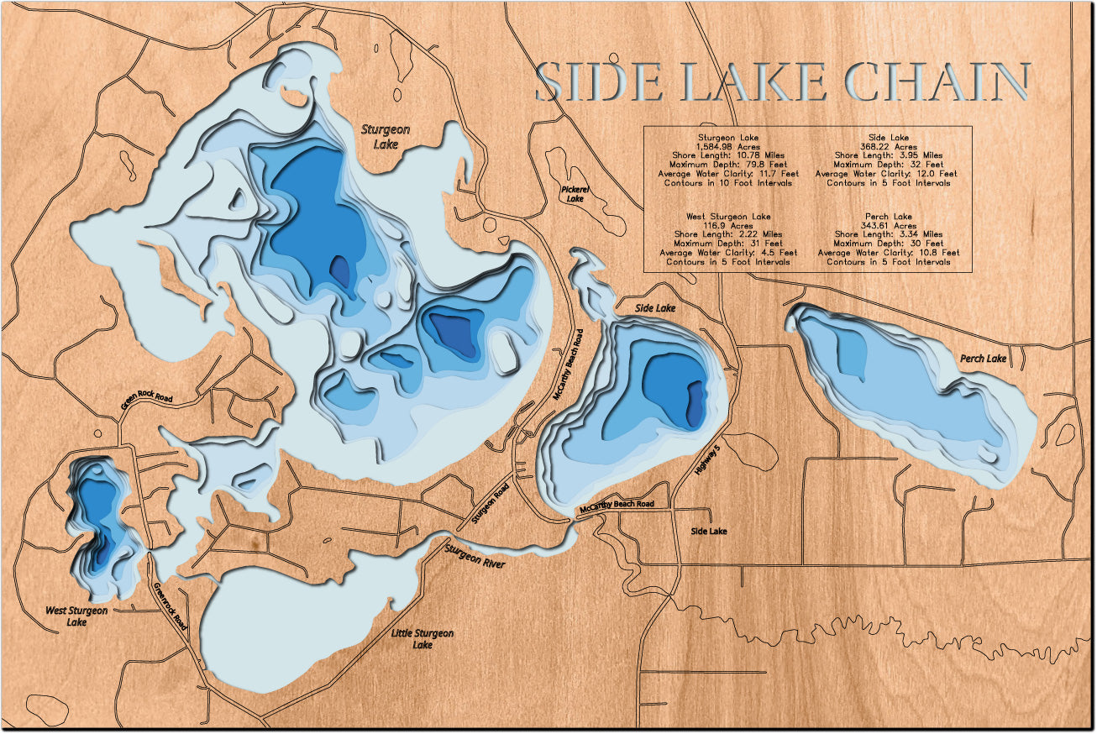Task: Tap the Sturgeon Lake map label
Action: pyautogui.click(x=385, y=136)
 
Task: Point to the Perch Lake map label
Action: pyautogui.click(x=983, y=359)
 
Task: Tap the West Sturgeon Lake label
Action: pyautogui.click(x=76, y=616)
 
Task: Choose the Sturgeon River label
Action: pyautogui.click(x=475, y=557)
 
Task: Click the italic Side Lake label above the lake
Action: pyautogui.click(x=654, y=309)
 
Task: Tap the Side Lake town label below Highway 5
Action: pyautogui.click(x=709, y=531)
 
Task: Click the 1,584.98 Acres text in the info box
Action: pyautogui.click(x=727, y=146)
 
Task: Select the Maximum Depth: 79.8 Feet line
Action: pyautogui.click(x=727, y=165)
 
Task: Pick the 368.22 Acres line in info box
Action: pyautogui.click(x=888, y=146)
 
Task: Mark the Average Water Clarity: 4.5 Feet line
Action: pyautogui.click(x=727, y=252)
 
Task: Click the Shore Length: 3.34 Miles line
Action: pyautogui.click(x=888, y=234)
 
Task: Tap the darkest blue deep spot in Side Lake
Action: pyautogui.click(x=695, y=403)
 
